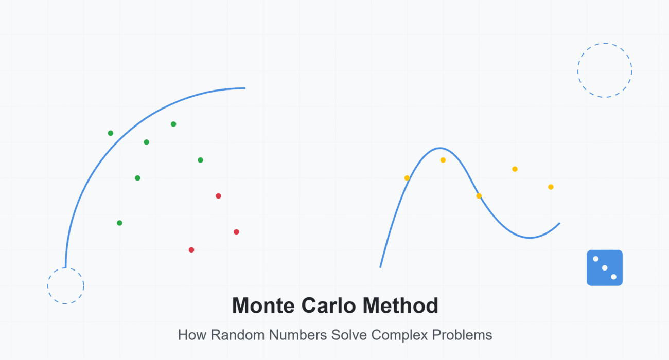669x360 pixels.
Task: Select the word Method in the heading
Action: (x=401, y=305)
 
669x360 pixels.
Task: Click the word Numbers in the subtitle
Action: (x=297, y=335)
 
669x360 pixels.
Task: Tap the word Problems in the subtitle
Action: (x=462, y=335)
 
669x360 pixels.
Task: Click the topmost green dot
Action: (x=173, y=124)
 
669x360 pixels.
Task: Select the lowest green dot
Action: (x=119, y=223)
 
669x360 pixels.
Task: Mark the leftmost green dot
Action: (x=110, y=133)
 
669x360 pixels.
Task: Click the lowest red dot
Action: (x=191, y=250)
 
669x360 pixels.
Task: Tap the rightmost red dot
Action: (x=236, y=232)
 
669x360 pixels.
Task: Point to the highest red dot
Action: (x=218, y=196)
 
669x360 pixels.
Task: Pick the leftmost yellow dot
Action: (x=407, y=178)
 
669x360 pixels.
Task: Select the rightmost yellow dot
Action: (x=551, y=187)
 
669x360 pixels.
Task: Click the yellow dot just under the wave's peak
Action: (x=443, y=160)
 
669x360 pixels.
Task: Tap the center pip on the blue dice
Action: (x=605, y=268)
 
